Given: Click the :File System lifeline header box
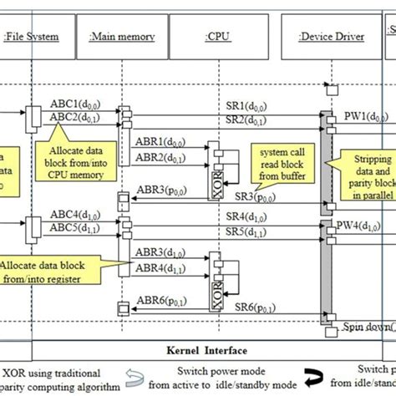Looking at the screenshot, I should point(31,36).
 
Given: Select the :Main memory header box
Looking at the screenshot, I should point(120,36).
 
